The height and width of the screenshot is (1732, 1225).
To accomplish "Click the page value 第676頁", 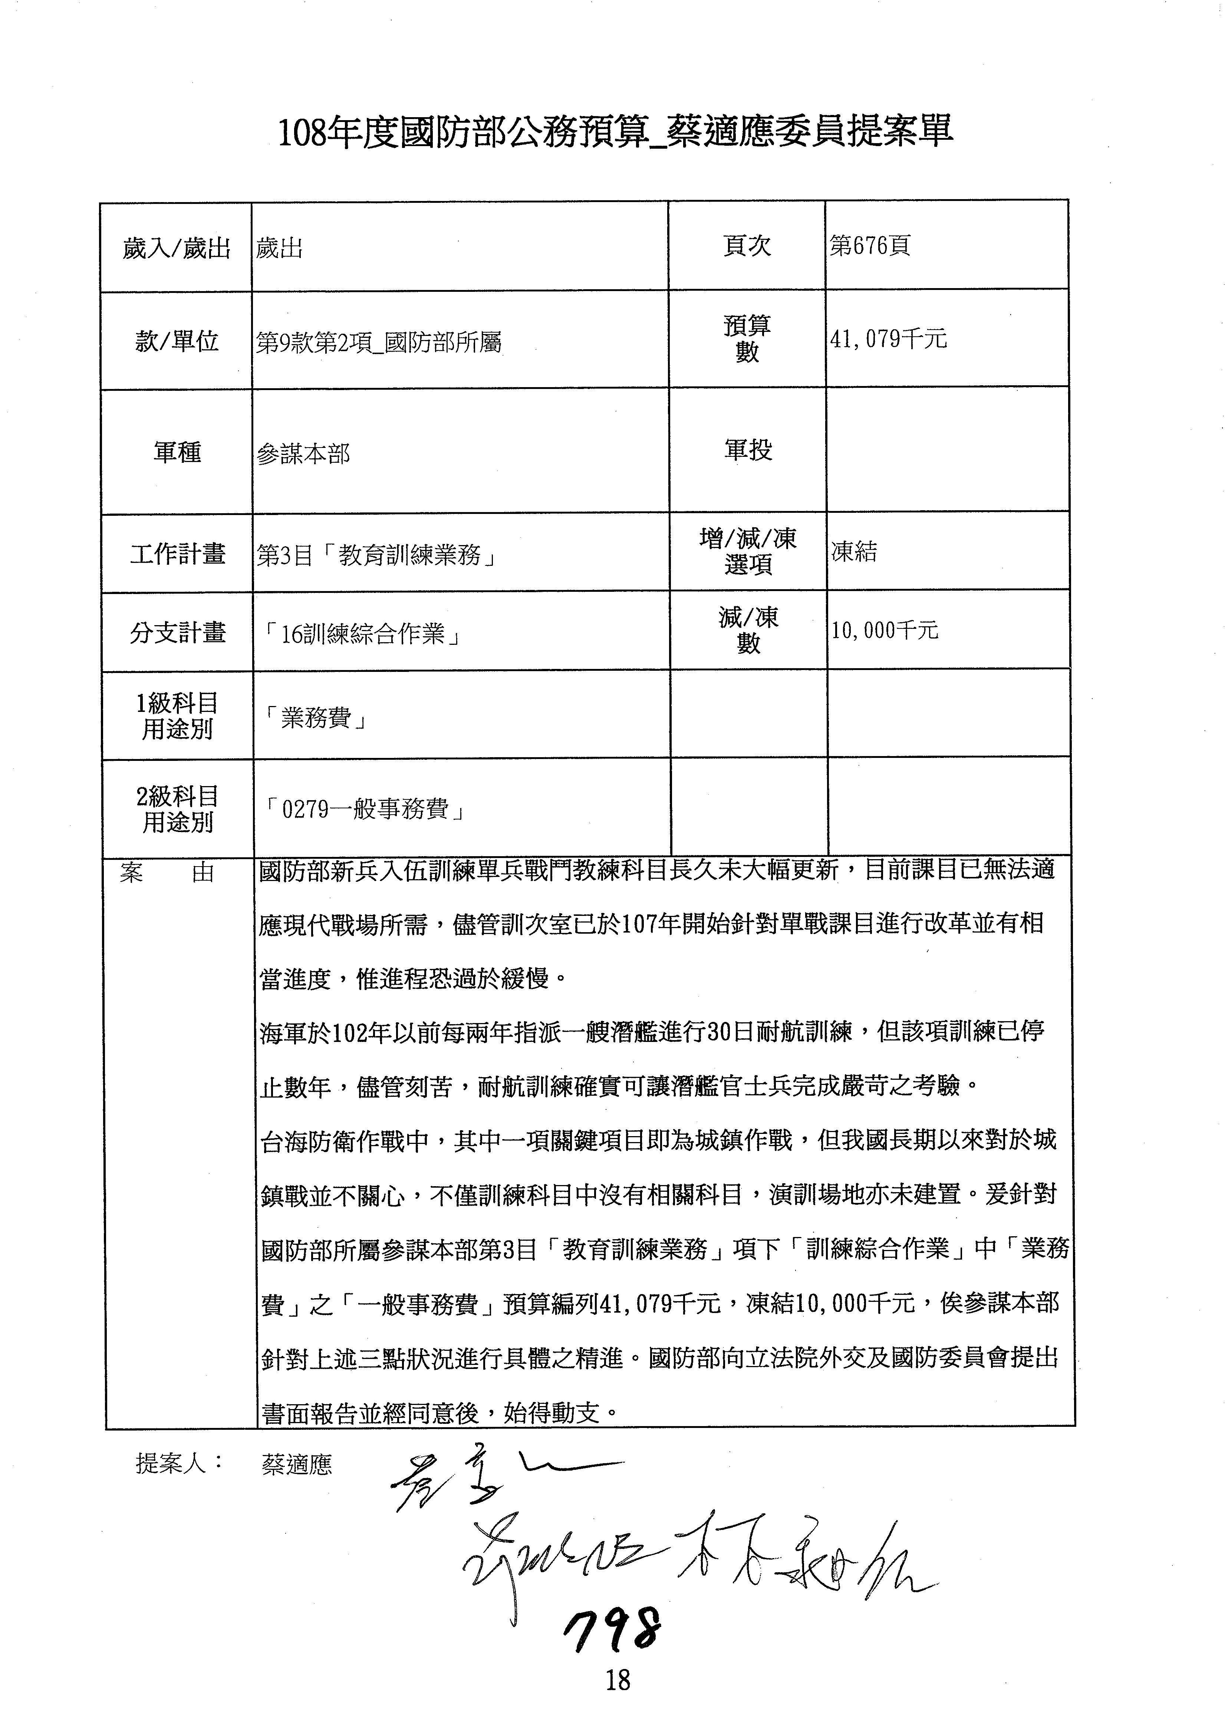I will point(870,245).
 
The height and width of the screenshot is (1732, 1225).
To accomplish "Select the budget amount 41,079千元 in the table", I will point(888,339).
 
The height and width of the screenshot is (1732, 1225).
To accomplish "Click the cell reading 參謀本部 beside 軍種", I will point(303,453).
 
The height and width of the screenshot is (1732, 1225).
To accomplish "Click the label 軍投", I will point(748,451).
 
